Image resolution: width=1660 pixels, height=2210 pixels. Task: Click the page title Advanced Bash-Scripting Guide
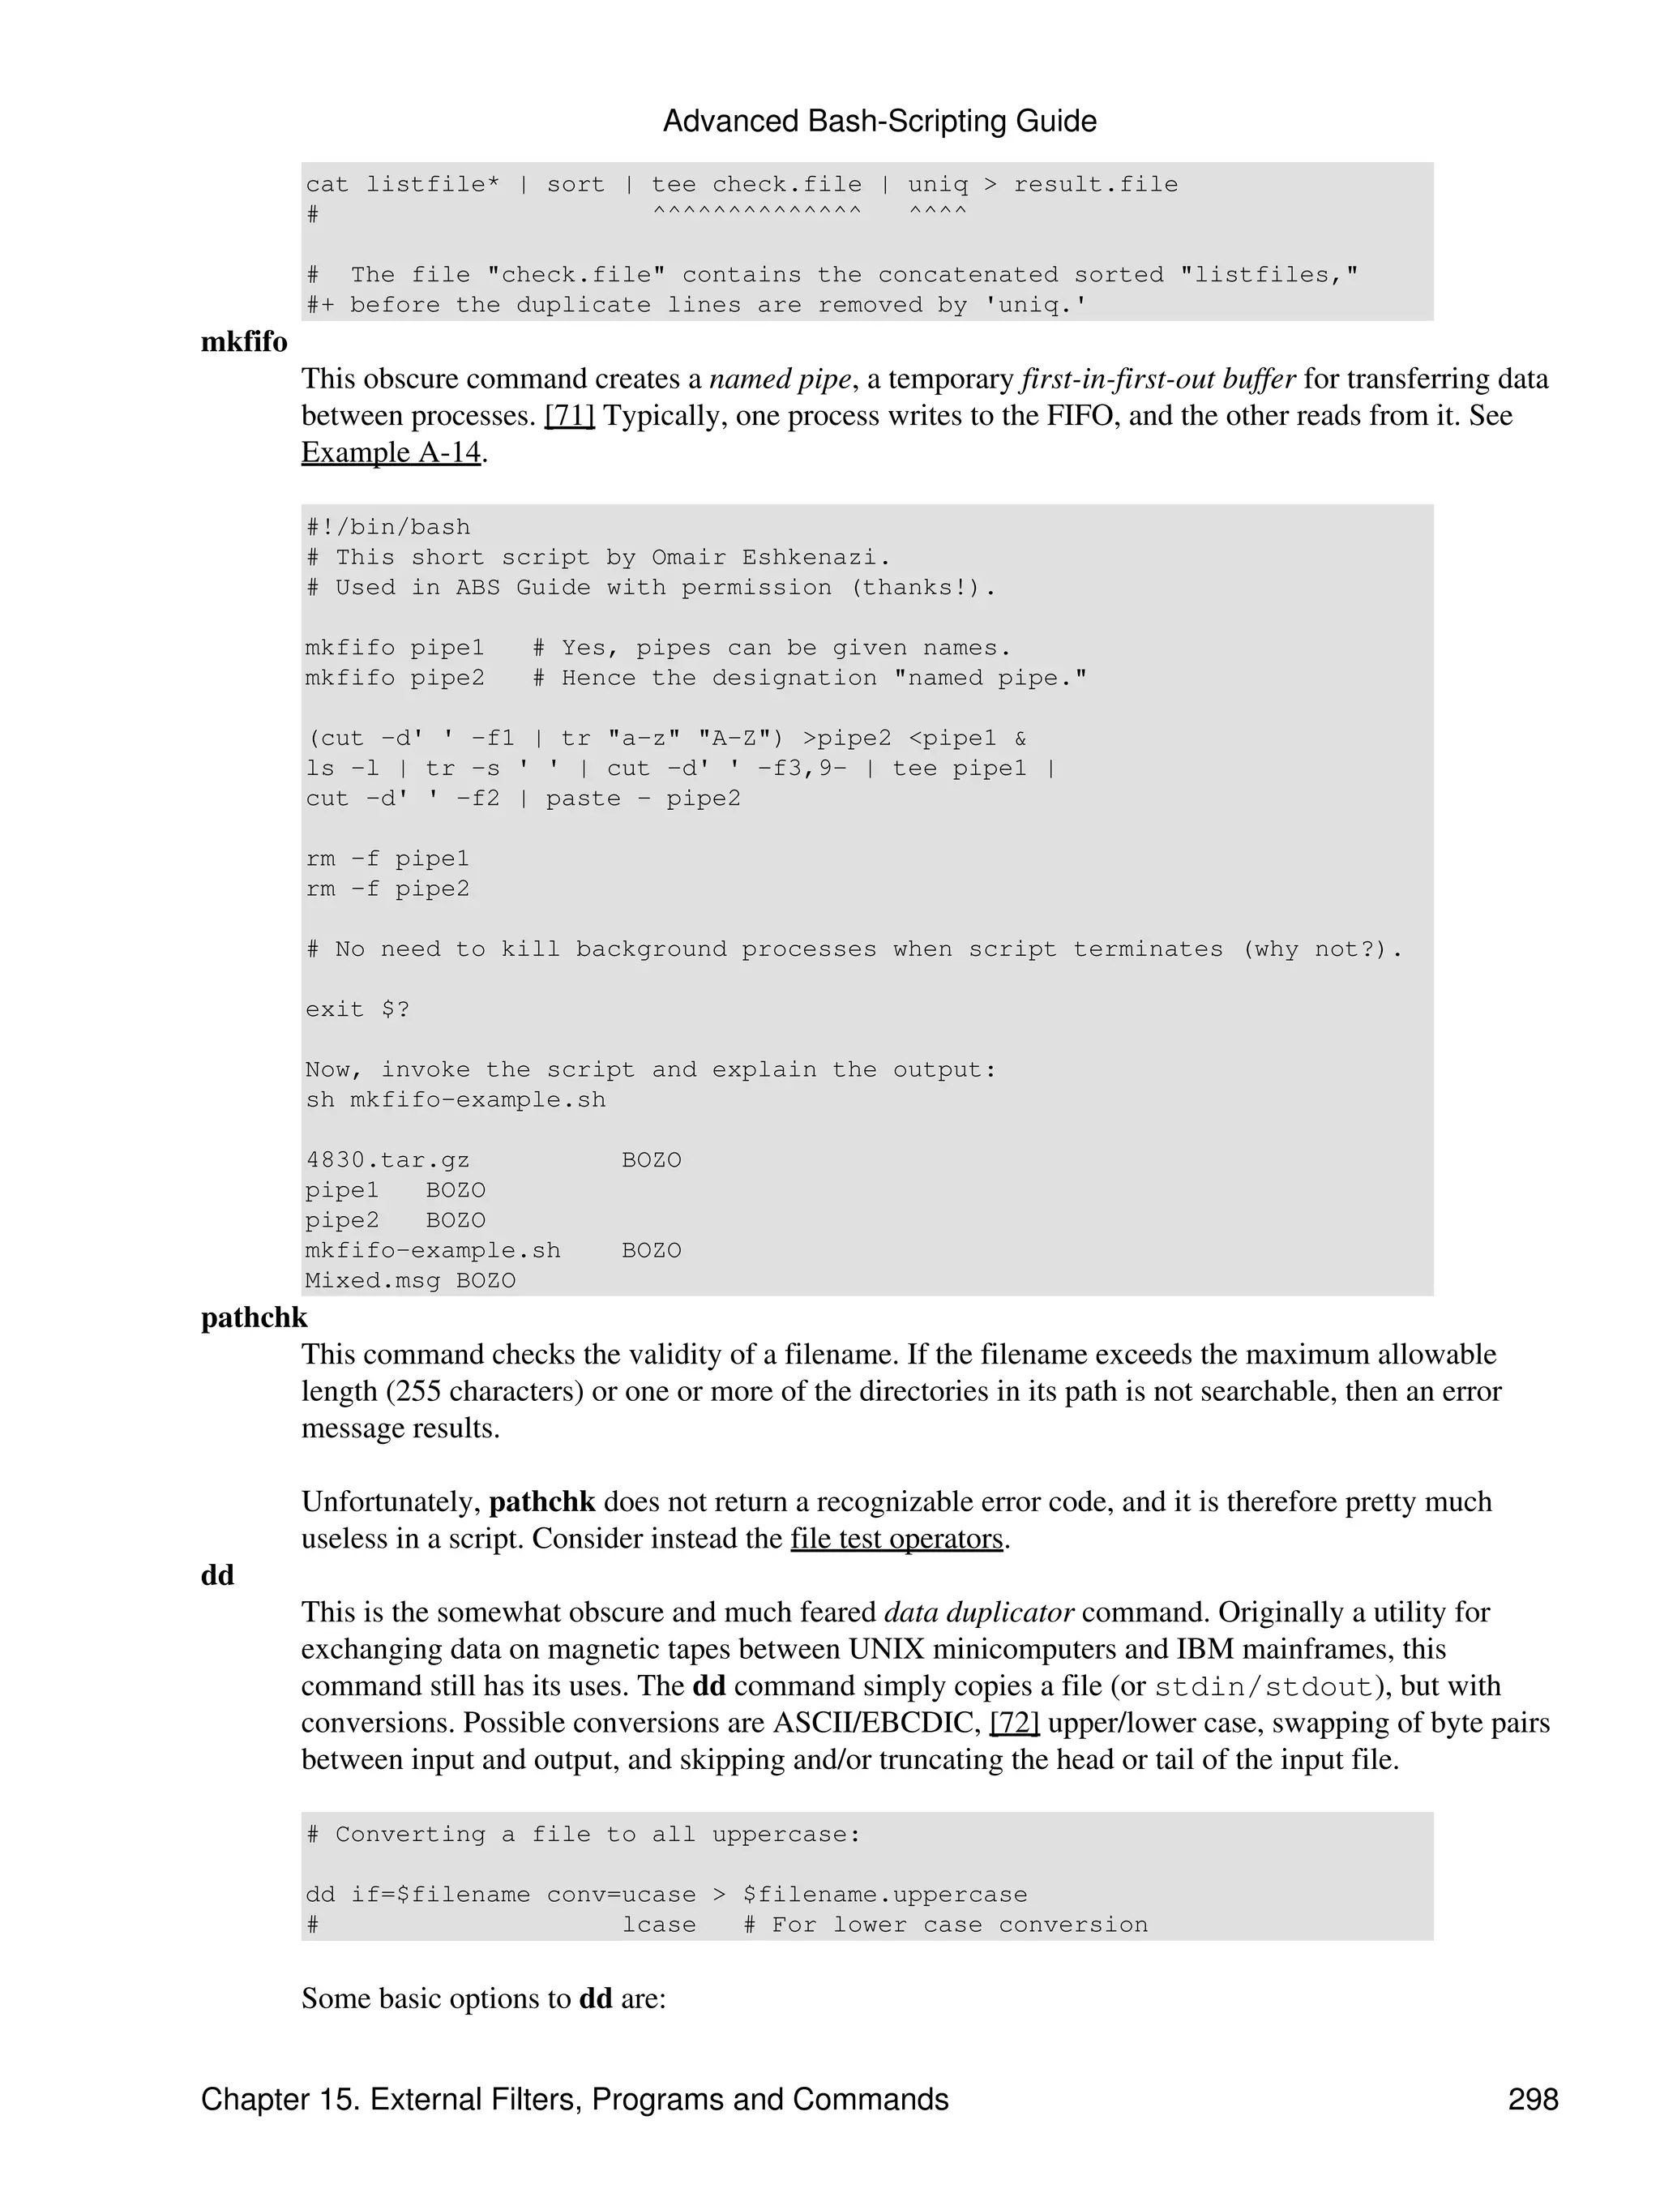pyautogui.click(x=879, y=121)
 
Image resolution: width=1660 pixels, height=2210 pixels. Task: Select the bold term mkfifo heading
pyautogui.click(x=244, y=343)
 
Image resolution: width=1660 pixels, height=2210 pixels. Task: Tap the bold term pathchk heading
pyautogui.click(x=254, y=1317)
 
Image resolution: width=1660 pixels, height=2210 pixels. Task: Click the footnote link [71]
pyautogui.click(x=569, y=416)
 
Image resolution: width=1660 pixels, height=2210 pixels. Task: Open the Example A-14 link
pyautogui.click(x=391, y=452)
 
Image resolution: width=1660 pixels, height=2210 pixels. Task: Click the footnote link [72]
pyautogui.click(x=1014, y=1723)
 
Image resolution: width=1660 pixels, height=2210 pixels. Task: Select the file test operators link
pyautogui.click(x=896, y=1539)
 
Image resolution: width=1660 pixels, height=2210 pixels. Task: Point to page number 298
pyautogui.click(x=1532, y=2099)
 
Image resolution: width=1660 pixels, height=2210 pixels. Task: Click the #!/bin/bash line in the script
pyautogui.click(x=387, y=528)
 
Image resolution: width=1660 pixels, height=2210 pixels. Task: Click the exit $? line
pyautogui.click(x=357, y=1009)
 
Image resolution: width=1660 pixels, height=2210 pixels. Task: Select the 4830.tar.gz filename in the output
pyautogui.click(x=387, y=1160)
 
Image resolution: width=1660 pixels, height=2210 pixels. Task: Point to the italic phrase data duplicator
pyautogui.click(x=979, y=1613)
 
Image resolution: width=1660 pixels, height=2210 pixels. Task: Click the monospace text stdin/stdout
pyautogui.click(x=1264, y=1686)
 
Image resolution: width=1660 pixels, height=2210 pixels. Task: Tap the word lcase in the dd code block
pyautogui.click(x=658, y=1925)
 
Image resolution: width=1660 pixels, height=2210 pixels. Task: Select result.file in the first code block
pyautogui.click(x=1096, y=185)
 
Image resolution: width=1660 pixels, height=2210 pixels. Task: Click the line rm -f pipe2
pyautogui.click(x=387, y=889)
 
